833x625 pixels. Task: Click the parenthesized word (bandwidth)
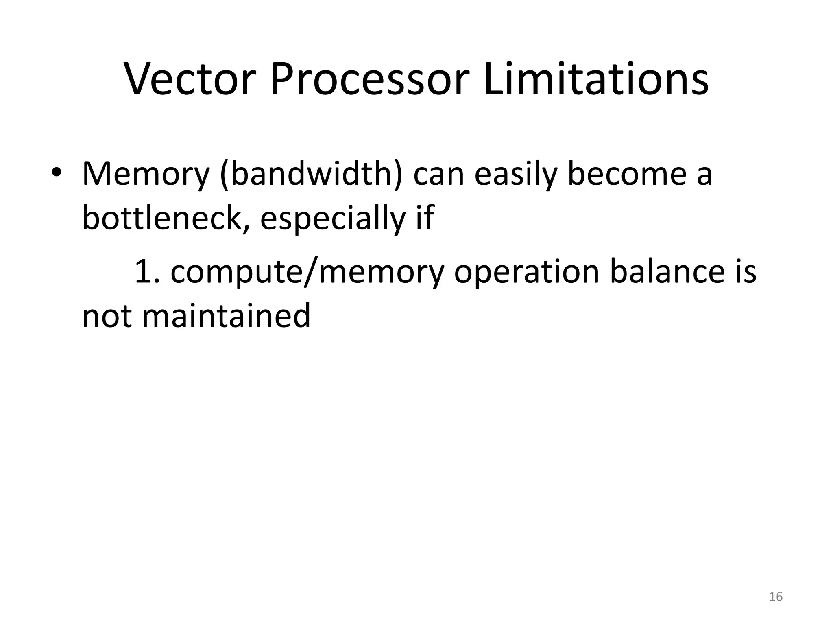click(x=311, y=174)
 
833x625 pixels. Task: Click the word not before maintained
click(x=107, y=316)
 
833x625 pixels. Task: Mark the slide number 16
click(x=776, y=597)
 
